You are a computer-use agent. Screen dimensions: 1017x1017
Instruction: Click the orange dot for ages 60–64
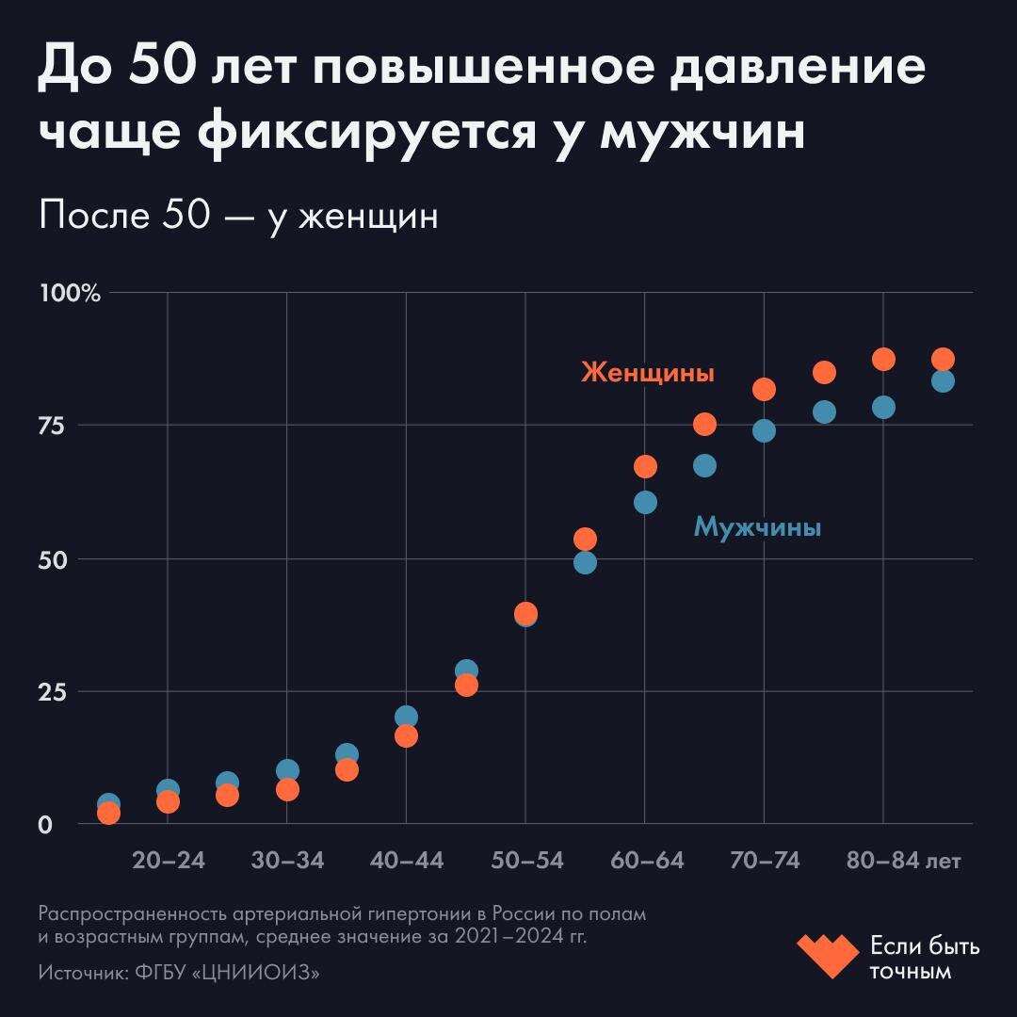(645, 466)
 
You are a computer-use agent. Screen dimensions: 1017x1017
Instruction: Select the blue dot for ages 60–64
(645, 502)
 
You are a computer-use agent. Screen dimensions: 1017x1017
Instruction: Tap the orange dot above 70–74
(764, 389)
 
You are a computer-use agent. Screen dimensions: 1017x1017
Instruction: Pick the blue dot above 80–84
(883, 407)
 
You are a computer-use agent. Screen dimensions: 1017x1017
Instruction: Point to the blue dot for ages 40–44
(406, 717)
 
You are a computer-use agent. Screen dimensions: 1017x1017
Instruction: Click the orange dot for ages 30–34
(287, 789)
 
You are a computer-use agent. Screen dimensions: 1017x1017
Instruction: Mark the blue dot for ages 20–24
(168, 789)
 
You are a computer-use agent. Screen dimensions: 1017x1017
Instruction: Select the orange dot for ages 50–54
(525, 612)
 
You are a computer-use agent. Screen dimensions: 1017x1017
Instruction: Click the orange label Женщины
(648, 373)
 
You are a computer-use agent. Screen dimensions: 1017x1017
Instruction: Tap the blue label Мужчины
(757, 527)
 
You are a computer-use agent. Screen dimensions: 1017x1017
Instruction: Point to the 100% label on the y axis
(70, 293)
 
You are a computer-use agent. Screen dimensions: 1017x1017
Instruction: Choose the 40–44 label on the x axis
(406, 862)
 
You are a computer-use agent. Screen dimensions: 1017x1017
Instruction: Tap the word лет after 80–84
(943, 862)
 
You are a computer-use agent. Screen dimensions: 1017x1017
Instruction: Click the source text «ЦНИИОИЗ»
(255, 973)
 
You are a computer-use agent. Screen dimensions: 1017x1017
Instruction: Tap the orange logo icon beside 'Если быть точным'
(828, 956)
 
